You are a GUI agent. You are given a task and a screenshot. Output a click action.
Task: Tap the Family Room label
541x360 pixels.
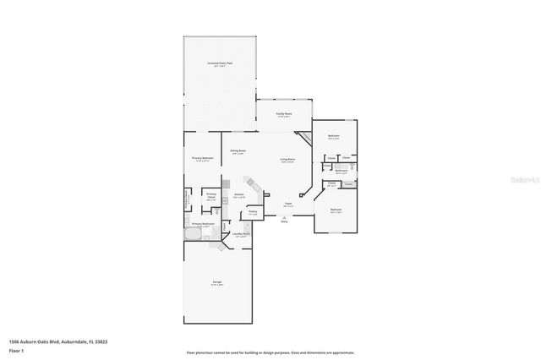283,114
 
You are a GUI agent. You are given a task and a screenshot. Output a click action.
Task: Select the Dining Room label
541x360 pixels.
238,152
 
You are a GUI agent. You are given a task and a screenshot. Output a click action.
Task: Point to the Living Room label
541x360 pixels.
287,160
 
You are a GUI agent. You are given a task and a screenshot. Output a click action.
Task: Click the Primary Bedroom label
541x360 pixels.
202,159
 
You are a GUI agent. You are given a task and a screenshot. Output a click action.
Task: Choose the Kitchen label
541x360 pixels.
239,194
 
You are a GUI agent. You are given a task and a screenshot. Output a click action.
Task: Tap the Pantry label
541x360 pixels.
253,213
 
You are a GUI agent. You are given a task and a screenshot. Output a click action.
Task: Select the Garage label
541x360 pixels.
217,284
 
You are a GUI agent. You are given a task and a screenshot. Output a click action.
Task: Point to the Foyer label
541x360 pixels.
288,204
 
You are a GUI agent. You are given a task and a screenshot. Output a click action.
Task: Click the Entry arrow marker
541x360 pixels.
284,219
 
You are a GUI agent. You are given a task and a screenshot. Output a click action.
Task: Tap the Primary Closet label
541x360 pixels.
212,198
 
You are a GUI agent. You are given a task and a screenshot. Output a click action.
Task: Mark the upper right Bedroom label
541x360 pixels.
334,136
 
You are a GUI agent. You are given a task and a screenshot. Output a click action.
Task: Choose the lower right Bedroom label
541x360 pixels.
336,211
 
